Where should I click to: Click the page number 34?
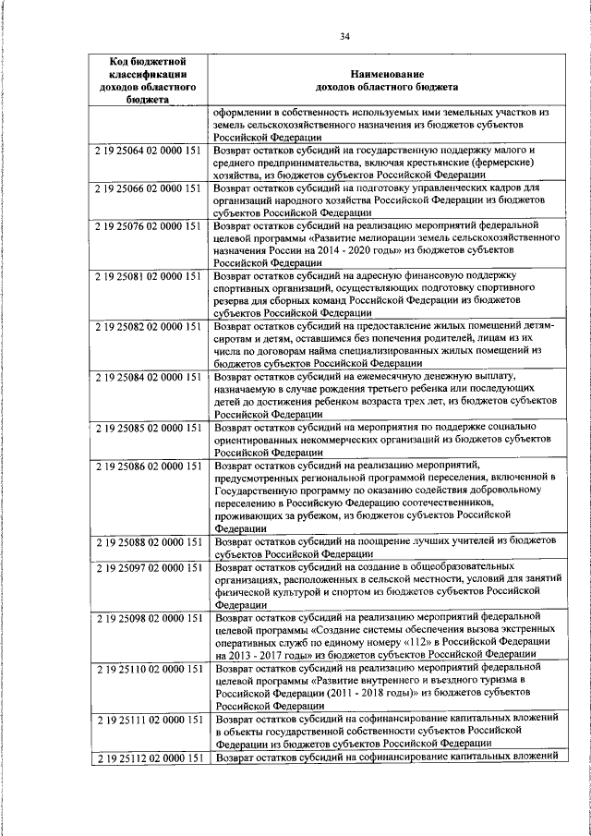(344, 36)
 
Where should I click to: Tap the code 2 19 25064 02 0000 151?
(149, 149)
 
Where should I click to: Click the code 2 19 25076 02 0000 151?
(149, 225)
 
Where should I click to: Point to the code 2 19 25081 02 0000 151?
(149, 276)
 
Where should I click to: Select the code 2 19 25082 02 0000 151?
(149, 327)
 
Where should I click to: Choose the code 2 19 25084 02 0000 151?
(149, 378)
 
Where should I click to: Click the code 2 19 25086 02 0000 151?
(149, 466)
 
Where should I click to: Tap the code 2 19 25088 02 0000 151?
(149, 539)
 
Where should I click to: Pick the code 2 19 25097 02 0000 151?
(149, 564)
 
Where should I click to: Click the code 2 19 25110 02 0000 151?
(149, 667)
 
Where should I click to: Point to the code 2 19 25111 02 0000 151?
(149, 718)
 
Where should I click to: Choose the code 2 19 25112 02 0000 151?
(149, 757)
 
